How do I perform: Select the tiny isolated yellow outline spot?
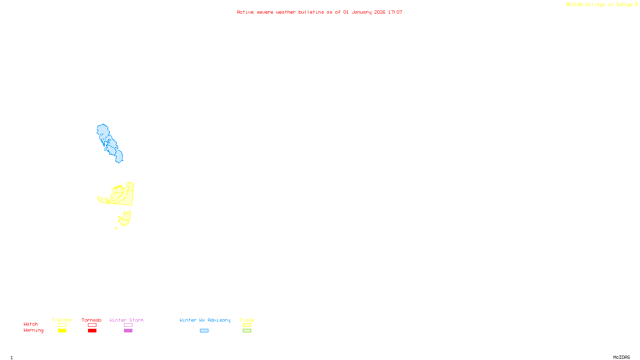point(116,228)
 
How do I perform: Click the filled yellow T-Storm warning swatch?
point(62,331)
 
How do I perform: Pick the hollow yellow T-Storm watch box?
point(62,325)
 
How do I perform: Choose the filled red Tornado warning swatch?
point(92,331)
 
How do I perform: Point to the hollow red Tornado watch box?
point(92,325)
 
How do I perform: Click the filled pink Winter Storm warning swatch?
point(128,331)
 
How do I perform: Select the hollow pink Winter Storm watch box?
point(128,325)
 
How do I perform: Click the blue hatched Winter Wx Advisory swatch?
point(204,331)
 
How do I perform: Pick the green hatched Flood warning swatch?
point(247,331)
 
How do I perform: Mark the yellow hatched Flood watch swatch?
point(247,325)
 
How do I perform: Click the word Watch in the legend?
point(31,324)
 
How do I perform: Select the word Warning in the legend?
point(34,330)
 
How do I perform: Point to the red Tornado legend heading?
point(92,320)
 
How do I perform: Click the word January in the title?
point(361,12)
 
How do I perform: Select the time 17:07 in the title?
point(395,12)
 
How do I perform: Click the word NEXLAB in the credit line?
point(574,5)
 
